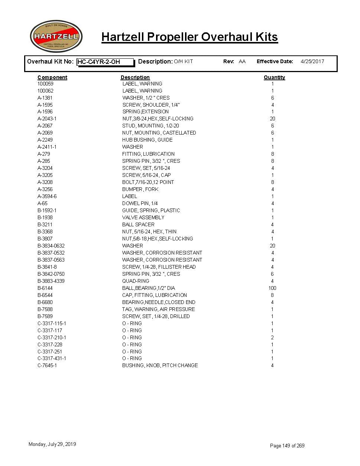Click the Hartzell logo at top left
click(56, 36)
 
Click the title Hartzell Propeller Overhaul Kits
click(189, 37)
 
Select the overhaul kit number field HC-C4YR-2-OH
click(105, 62)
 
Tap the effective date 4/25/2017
click(312, 61)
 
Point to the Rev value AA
click(242, 61)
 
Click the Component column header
click(52, 77)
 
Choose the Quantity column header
click(274, 77)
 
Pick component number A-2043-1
click(47, 119)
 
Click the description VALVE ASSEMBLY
click(143, 217)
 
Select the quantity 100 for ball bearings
click(272, 288)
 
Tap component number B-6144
click(45, 288)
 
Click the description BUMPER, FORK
click(140, 189)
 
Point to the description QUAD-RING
click(136, 281)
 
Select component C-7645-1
click(47, 365)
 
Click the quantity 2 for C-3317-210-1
click(272, 337)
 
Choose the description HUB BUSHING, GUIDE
click(147, 140)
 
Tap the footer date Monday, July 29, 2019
click(52, 444)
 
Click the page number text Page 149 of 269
click(287, 446)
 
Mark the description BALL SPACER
click(138, 224)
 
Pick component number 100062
click(45, 91)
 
